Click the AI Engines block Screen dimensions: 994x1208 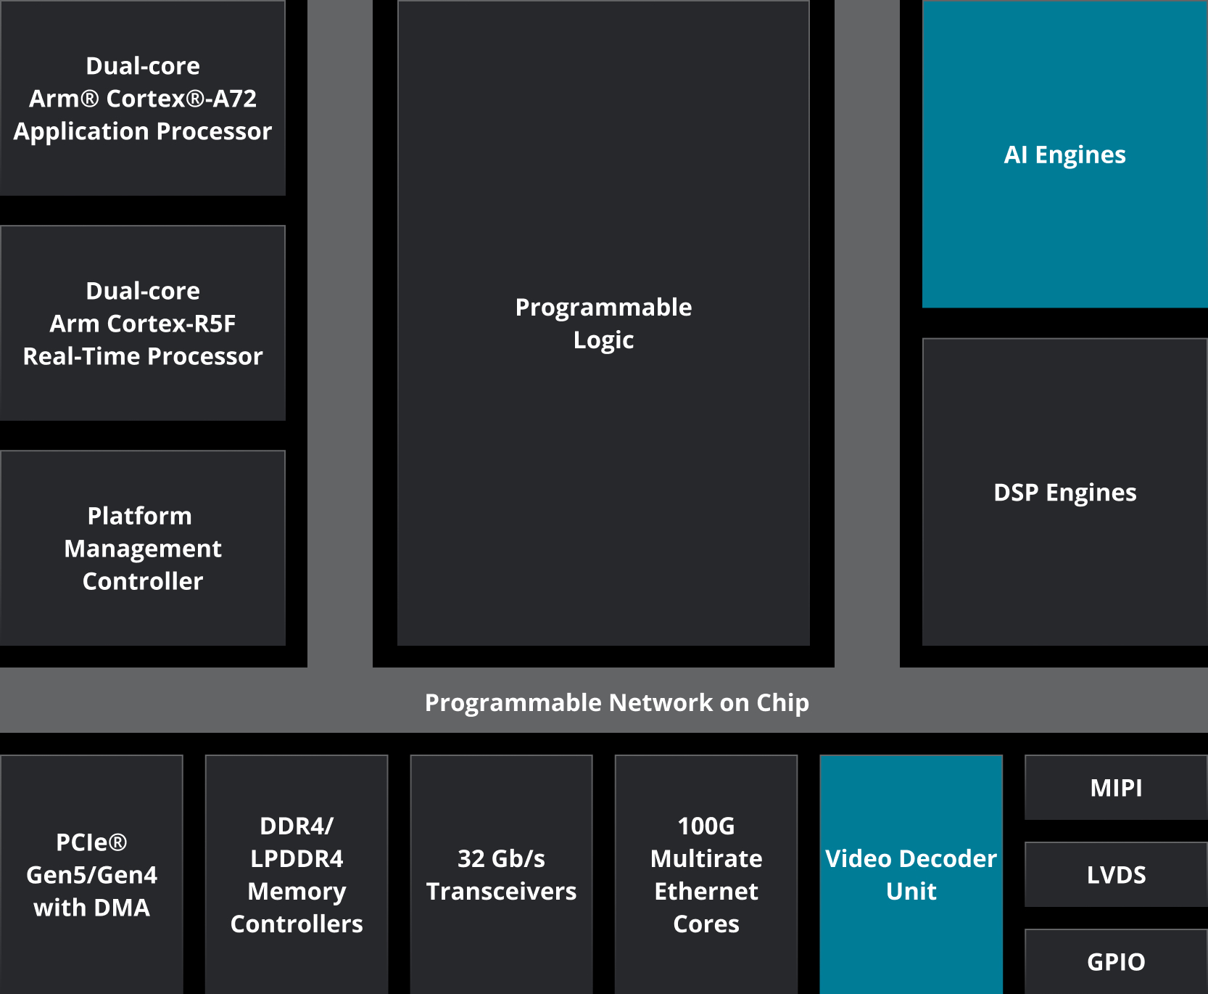click(1064, 154)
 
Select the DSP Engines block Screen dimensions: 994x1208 click(1064, 492)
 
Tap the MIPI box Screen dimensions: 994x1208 click(1116, 788)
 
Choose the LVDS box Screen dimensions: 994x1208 click(1116, 875)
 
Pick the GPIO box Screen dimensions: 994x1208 click(1116, 962)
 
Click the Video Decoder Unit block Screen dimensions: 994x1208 click(911, 874)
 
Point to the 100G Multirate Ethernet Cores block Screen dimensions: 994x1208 click(706, 874)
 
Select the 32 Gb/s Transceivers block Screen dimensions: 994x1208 click(501, 874)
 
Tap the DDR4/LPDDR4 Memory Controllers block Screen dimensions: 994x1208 click(297, 874)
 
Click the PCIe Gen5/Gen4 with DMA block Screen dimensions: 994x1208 click(91, 874)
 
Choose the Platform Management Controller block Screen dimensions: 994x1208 click(143, 548)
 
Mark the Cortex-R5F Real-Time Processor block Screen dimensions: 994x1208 click(143, 323)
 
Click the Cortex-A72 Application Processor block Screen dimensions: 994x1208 click(143, 98)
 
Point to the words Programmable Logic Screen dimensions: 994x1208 click(603, 323)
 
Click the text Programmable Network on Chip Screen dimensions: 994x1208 click(616, 702)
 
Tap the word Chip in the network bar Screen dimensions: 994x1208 click(782, 702)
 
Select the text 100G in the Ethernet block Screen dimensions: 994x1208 click(706, 826)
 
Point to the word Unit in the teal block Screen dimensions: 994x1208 click(911, 891)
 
